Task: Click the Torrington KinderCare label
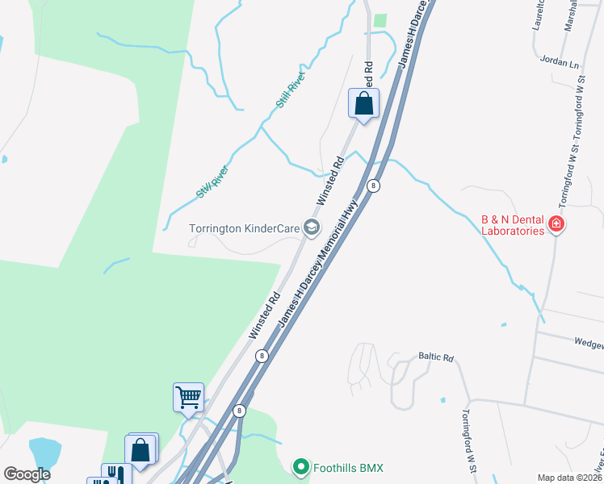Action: pyautogui.click(x=244, y=228)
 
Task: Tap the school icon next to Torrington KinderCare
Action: pyautogui.click(x=312, y=228)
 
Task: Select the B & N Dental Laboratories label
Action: pyautogui.click(x=513, y=224)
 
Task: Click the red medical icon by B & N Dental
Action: pyautogui.click(x=556, y=224)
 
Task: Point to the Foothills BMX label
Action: pyautogui.click(x=349, y=467)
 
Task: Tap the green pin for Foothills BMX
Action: pyautogui.click(x=301, y=467)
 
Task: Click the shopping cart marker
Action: pyautogui.click(x=187, y=397)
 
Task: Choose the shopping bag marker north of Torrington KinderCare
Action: pyautogui.click(x=363, y=103)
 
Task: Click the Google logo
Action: pyautogui.click(x=27, y=474)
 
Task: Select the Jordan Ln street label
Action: pyautogui.click(x=558, y=63)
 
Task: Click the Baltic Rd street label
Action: pyautogui.click(x=436, y=356)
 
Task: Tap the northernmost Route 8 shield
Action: pyautogui.click(x=373, y=186)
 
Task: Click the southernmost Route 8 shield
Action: pyautogui.click(x=239, y=411)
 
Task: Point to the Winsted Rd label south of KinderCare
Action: pyautogui.click(x=264, y=315)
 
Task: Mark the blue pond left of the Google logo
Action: pyautogui.click(x=44, y=452)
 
